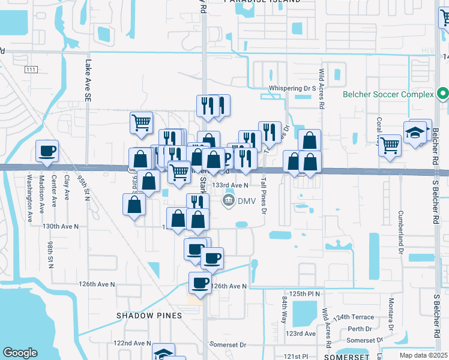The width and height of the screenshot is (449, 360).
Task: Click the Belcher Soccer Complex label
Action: click(388, 95)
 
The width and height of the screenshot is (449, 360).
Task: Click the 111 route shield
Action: click(31, 70)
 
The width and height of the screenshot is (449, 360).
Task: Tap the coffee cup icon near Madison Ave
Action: click(47, 151)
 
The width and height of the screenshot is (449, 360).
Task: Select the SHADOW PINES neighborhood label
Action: click(149, 316)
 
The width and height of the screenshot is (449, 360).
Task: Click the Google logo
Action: click(20, 353)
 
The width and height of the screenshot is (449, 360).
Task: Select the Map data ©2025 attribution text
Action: click(424, 355)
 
